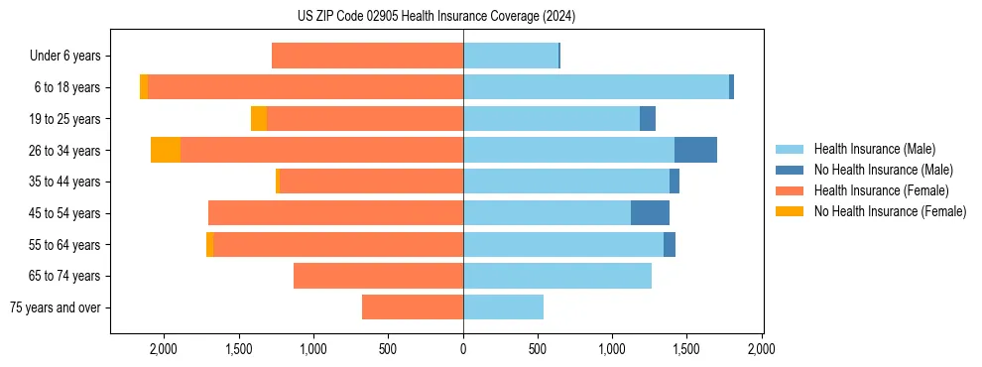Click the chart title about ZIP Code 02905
click(435, 16)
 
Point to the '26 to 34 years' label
click(65, 151)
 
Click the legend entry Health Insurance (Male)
click(874, 149)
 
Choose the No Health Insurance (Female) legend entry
click(890, 211)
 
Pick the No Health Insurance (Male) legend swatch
click(791, 170)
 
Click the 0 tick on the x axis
click(463, 349)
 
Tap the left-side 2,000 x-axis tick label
click(163, 349)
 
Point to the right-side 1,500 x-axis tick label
click(687, 349)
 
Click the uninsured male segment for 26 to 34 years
click(695, 150)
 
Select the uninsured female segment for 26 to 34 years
click(166, 150)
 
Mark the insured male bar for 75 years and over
click(503, 307)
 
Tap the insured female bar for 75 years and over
click(413, 307)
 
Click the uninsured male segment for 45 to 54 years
click(650, 212)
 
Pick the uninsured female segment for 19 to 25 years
click(259, 119)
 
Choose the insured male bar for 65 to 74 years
click(557, 276)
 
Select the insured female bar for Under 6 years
click(367, 57)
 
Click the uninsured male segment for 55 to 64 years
click(670, 244)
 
